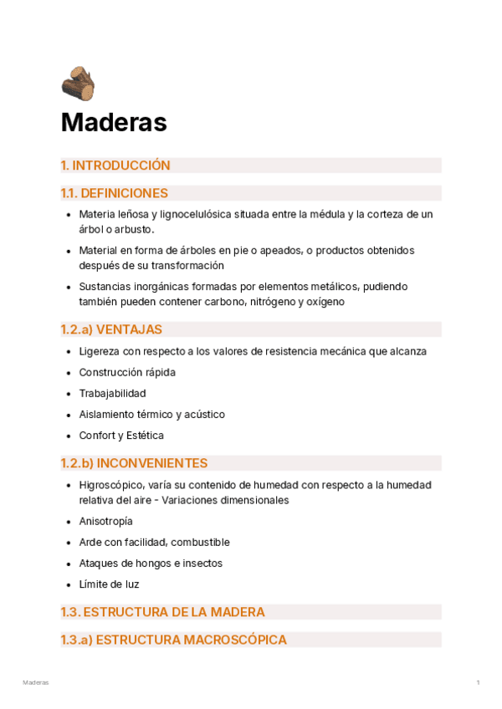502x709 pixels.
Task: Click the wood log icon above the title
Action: (x=78, y=84)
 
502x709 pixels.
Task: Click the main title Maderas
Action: (x=114, y=123)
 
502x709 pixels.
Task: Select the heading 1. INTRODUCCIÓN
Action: (x=115, y=166)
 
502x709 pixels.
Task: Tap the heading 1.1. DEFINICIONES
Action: (x=114, y=193)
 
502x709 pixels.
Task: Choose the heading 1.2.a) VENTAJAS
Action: (x=111, y=329)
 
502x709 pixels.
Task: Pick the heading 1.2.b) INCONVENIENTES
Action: (x=134, y=463)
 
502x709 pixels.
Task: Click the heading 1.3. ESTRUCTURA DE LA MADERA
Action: (x=162, y=612)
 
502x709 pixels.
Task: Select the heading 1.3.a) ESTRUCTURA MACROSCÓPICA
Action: (x=173, y=640)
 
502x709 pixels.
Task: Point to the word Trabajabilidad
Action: (x=112, y=393)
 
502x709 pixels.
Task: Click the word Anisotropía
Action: (x=105, y=521)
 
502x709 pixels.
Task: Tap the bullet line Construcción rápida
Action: (x=127, y=372)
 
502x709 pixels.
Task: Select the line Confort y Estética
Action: (x=121, y=435)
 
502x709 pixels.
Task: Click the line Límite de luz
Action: (x=109, y=584)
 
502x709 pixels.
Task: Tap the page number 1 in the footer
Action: (x=478, y=683)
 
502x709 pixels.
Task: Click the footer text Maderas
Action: (x=36, y=683)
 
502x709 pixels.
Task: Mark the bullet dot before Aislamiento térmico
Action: (x=68, y=414)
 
